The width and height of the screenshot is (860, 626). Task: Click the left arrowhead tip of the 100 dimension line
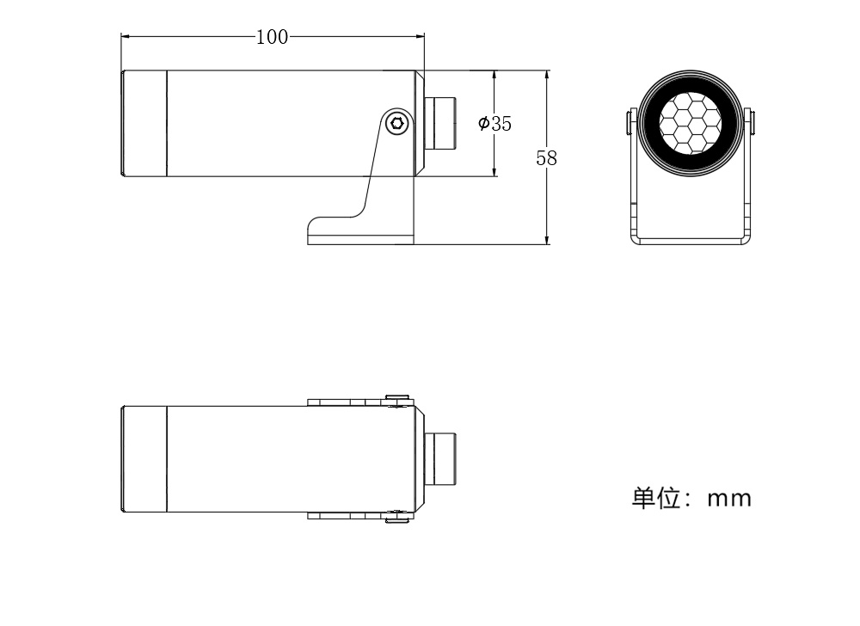click(121, 37)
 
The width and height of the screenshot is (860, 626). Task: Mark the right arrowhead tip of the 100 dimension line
click(425, 37)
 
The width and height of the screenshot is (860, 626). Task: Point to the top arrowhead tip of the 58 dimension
click(547, 71)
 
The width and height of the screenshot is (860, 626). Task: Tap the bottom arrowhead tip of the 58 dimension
click(547, 244)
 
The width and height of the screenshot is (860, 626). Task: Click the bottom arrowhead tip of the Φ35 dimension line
click(494, 176)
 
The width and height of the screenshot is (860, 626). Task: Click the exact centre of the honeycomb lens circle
click(690, 123)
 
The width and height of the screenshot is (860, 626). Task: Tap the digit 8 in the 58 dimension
click(552, 158)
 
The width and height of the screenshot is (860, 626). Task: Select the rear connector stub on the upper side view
click(440, 123)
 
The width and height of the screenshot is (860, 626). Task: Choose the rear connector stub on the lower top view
click(440, 459)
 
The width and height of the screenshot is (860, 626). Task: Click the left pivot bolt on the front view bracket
click(630, 122)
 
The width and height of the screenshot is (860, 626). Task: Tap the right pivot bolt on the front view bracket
click(751, 122)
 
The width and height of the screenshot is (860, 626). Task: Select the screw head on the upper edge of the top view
click(397, 397)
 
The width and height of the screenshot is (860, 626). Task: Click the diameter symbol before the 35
click(483, 123)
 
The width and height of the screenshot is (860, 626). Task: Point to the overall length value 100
click(273, 37)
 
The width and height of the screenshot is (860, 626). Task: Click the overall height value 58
click(546, 158)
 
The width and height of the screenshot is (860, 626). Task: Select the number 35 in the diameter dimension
click(501, 124)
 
